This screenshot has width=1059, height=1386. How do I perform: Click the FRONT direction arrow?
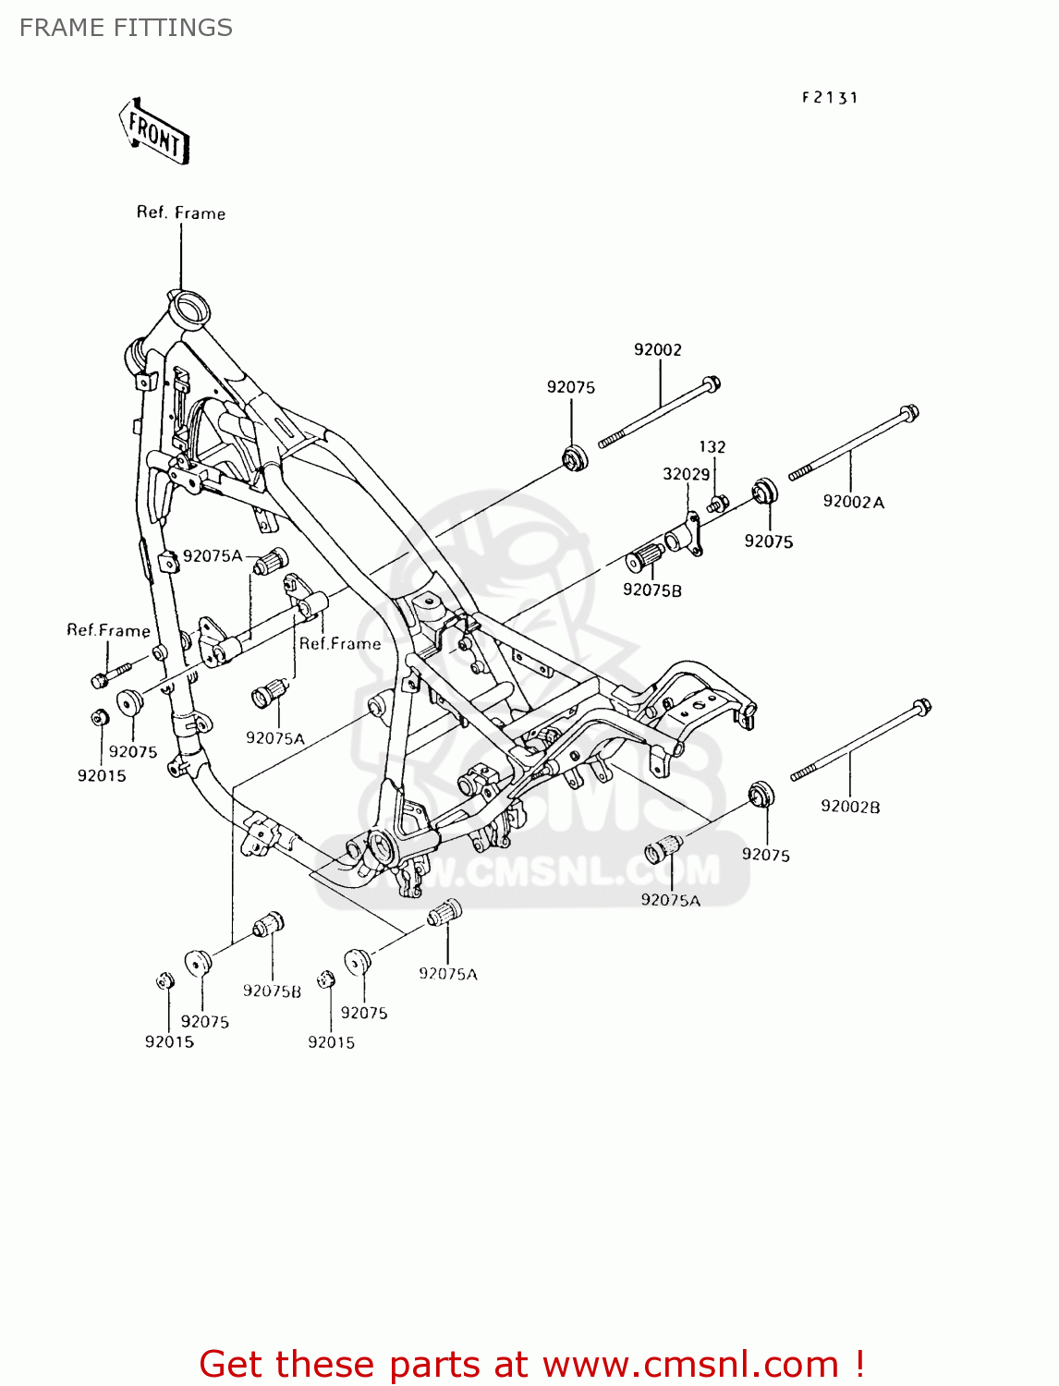(x=154, y=133)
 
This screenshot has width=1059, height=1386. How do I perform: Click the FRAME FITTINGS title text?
(x=126, y=28)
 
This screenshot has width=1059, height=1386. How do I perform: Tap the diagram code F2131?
(x=830, y=97)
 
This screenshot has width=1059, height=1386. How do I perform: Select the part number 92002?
(x=658, y=349)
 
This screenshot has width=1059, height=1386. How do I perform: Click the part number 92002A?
(x=853, y=502)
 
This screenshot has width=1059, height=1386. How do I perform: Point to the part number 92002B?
(x=850, y=807)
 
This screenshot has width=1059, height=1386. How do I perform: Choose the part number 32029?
(x=686, y=474)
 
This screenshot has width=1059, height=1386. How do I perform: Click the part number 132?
(x=712, y=446)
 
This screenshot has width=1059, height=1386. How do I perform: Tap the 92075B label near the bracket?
(x=651, y=590)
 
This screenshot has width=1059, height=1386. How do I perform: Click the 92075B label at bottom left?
(x=272, y=991)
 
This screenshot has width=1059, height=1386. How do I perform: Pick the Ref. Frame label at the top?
(x=181, y=213)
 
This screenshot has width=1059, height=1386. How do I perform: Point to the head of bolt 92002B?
(x=921, y=708)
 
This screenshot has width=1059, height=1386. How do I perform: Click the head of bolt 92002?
(x=711, y=383)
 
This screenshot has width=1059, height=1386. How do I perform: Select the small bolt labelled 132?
(x=717, y=504)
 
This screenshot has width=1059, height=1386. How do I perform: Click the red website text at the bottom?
(x=531, y=1364)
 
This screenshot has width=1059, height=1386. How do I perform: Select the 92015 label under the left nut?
(x=102, y=775)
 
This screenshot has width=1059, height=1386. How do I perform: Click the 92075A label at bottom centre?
(x=447, y=973)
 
